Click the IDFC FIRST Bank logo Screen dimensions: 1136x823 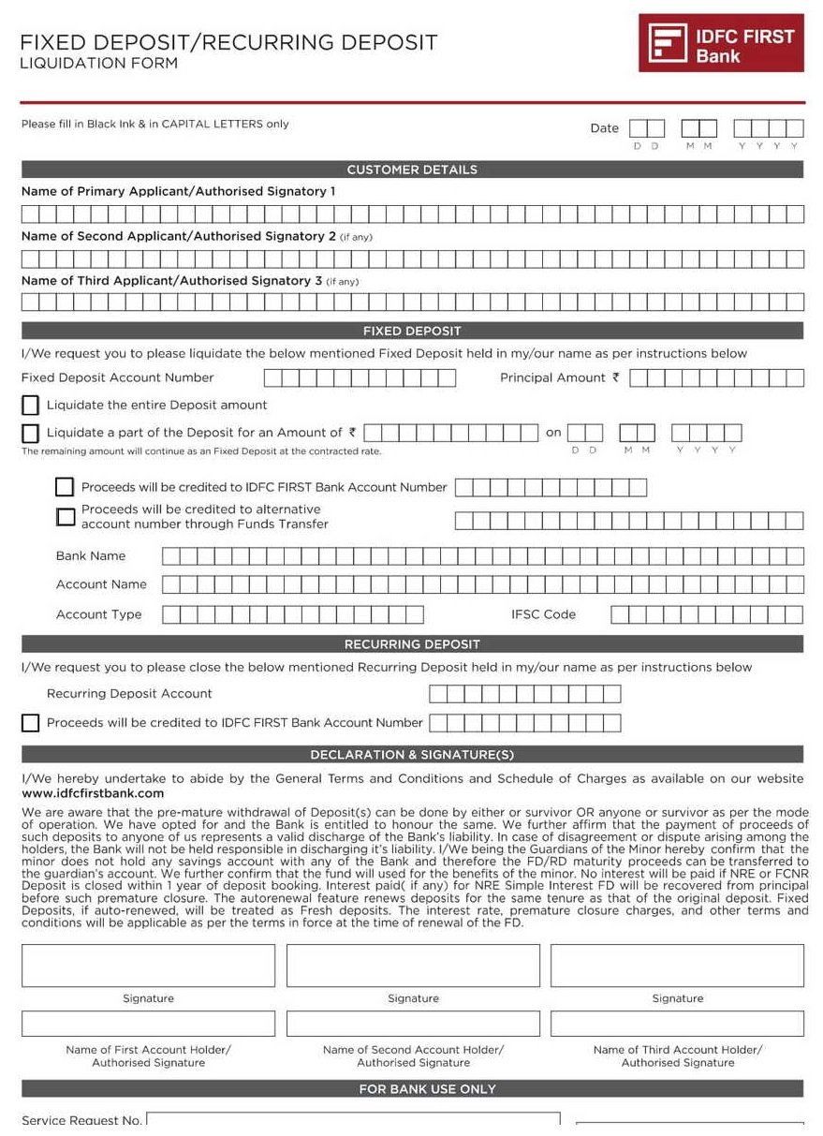[721, 43]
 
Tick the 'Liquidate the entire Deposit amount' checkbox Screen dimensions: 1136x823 [31, 406]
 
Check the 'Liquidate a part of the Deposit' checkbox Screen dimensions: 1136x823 [31, 434]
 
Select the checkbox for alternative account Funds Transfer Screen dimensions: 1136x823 [65, 517]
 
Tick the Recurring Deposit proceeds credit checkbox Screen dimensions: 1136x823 [31, 723]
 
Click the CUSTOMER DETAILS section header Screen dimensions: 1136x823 [412, 170]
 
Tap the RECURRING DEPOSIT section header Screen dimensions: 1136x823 [412, 644]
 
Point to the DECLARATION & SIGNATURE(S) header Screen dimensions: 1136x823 [412, 755]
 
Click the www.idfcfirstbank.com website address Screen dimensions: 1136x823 [93, 793]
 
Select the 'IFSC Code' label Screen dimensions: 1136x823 [543, 614]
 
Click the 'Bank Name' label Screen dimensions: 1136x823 [91, 556]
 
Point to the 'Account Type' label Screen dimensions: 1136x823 [99, 614]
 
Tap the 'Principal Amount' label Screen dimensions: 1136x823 [554, 378]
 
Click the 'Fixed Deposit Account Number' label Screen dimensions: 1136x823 [118, 378]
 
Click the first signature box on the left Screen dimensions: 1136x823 [148, 966]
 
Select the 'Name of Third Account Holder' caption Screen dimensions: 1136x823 [678, 1050]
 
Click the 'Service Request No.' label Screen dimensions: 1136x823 [81, 1120]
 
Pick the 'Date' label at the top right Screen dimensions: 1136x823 [604, 128]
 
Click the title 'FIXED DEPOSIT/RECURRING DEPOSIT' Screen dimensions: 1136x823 [228, 42]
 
